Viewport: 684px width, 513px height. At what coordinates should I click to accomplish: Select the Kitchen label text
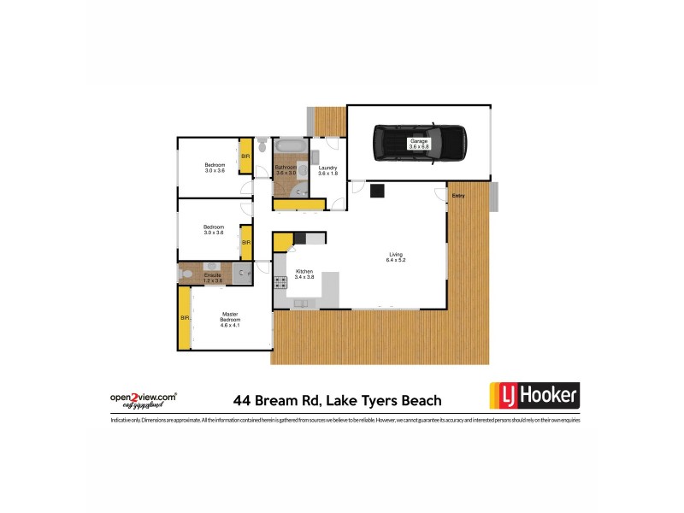(305, 274)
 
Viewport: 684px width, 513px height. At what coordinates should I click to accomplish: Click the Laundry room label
(328, 171)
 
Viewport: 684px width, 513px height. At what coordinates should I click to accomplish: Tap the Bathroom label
(285, 168)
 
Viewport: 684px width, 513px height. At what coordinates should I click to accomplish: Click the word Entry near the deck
(459, 197)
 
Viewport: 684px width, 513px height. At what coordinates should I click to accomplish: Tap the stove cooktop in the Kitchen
(280, 283)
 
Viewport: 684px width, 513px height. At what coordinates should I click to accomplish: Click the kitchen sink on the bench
(301, 303)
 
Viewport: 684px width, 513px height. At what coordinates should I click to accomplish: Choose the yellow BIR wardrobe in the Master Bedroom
(184, 318)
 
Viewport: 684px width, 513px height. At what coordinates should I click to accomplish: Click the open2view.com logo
(144, 399)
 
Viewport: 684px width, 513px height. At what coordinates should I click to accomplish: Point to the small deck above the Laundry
(327, 121)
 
